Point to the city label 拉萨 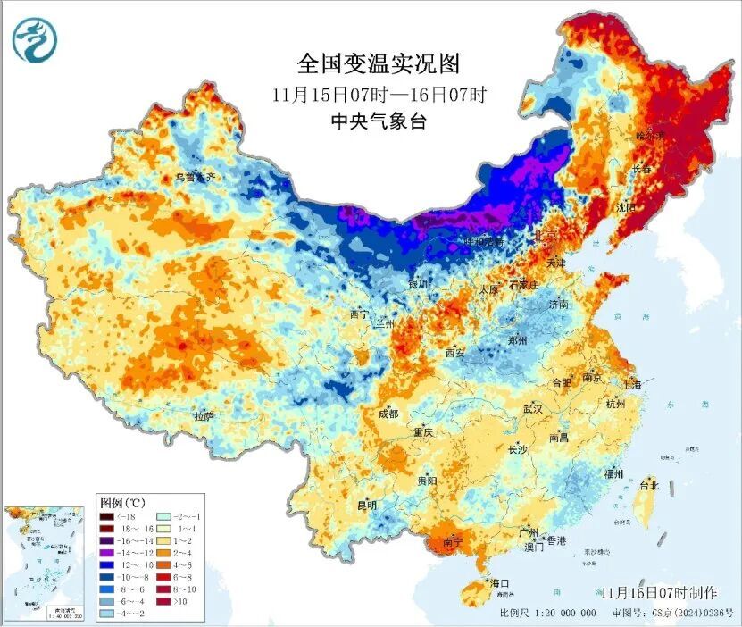[x=204, y=416]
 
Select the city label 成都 [x=388, y=414]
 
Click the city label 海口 [x=499, y=583]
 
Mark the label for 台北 [x=648, y=486]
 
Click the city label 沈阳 [x=626, y=207]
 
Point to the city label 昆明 [x=366, y=506]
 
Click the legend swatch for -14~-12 [x=107, y=554]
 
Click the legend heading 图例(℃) [x=124, y=503]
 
